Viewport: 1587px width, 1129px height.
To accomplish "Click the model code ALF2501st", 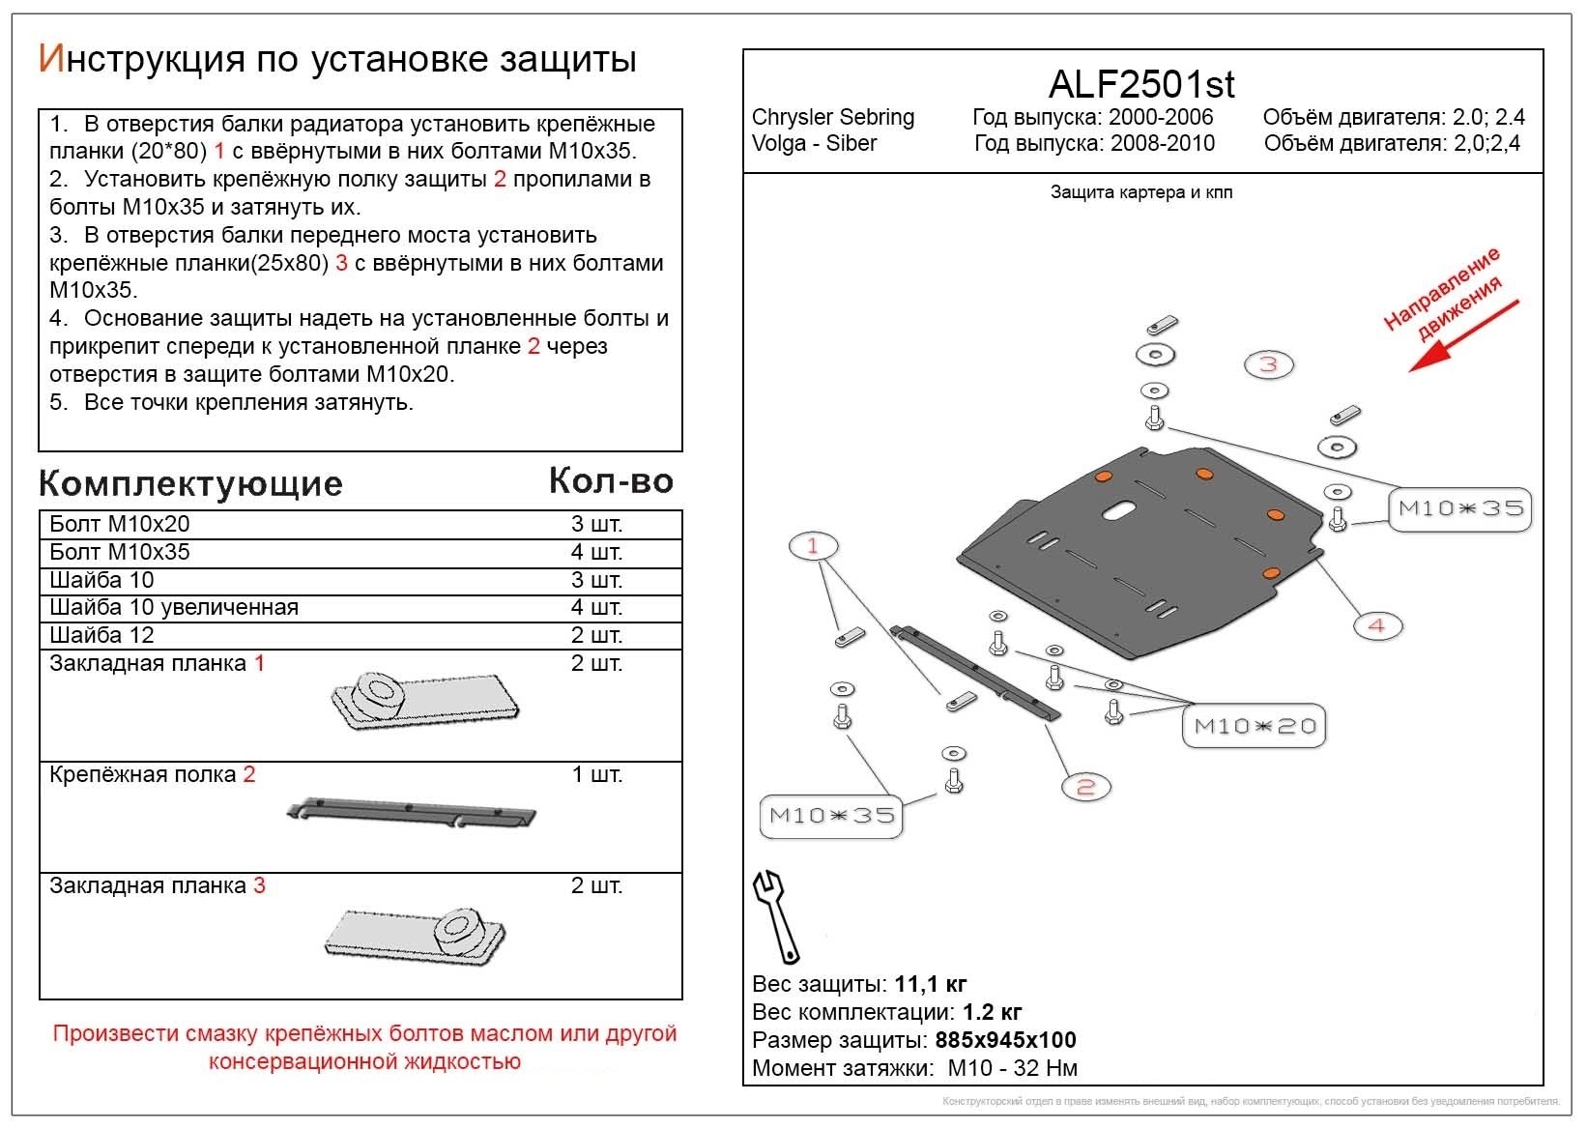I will click(1141, 85).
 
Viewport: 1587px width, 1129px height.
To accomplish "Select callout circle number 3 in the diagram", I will click(1268, 364).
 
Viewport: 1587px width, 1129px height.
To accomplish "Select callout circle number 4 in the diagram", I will click(1376, 625).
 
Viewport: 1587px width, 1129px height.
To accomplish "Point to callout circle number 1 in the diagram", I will click(813, 546).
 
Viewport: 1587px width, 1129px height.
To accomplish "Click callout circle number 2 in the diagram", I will click(1085, 787).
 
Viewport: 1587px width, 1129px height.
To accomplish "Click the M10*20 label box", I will click(1255, 726).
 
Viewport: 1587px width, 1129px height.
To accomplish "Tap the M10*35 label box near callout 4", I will click(1460, 508).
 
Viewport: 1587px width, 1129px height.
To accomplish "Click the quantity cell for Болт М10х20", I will click(596, 524).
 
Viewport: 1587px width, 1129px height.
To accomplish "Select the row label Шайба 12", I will click(101, 635).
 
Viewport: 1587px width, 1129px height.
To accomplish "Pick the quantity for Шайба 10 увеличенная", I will click(596, 607).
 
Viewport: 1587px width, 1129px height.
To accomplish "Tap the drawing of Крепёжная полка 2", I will click(412, 813).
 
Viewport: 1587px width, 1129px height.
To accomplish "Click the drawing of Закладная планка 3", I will click(416, 934).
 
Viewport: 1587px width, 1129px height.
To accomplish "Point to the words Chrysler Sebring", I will click(832, 118).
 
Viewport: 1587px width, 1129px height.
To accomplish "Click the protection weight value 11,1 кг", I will click(930, 985).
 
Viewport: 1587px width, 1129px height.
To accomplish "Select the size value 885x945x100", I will click(1005, 1041).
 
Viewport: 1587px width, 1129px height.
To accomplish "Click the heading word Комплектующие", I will click(190, 483).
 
